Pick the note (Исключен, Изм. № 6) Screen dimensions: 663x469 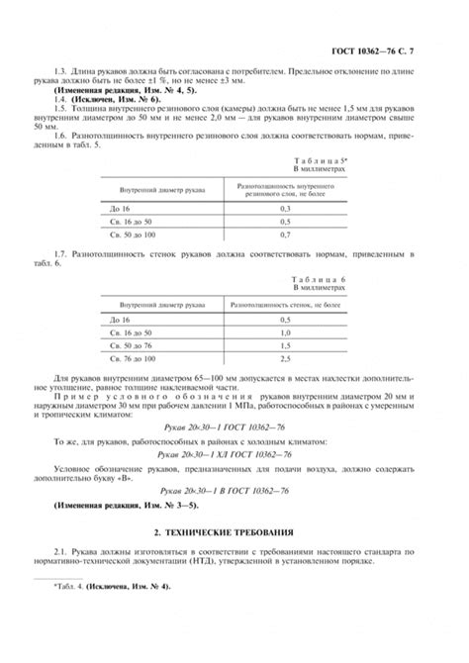[x=95, y=101]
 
